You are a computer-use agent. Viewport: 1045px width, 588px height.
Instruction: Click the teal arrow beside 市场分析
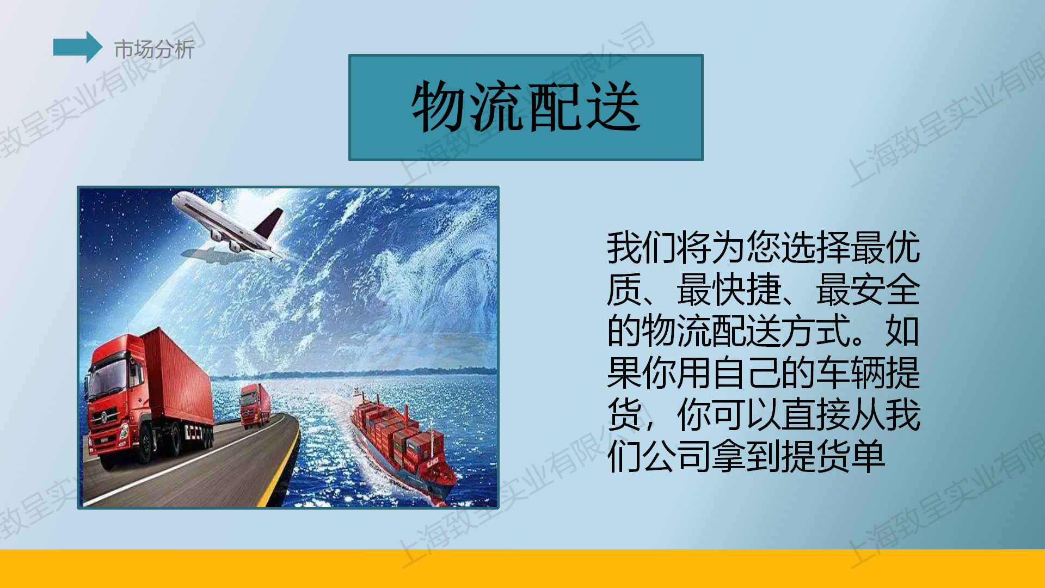click(x=77, y=47)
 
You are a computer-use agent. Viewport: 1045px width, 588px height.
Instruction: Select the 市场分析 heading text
click(x=154, y=50)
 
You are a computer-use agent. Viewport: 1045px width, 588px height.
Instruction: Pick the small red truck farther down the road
click(x=255, y=406)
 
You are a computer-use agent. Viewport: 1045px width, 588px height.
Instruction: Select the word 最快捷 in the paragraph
click(x=729, y=290)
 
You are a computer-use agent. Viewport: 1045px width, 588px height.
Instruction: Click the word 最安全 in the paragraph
click(x=868, y=290)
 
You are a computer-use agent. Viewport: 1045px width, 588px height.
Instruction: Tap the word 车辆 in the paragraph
click(x=851, y=373)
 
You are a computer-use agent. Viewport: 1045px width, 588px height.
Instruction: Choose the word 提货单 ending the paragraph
click(x=833, y=456)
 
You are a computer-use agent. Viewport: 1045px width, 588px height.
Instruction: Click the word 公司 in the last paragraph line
click(x=677, y=456)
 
